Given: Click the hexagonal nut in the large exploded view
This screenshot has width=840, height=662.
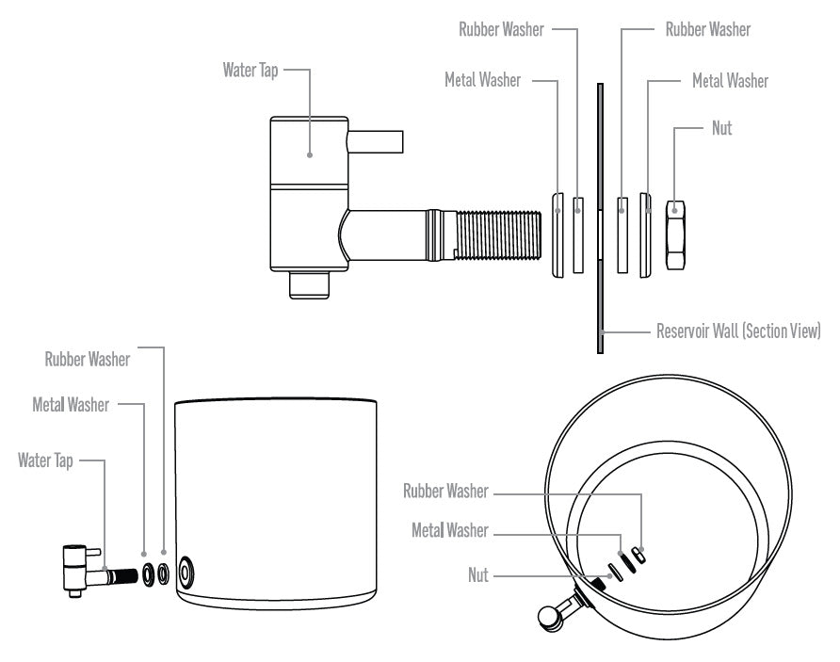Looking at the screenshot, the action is [x=675, y=234].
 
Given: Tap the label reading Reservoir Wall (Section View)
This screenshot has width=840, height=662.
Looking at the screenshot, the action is [x=738, y=331].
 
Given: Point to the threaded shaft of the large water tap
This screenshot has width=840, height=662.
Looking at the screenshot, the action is [x=497, y=234].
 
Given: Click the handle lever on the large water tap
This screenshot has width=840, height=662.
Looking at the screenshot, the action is [x=375, y=141].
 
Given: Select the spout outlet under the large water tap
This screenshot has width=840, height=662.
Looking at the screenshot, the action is [x=309, y=285].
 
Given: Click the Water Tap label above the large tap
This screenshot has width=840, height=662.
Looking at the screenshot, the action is [x=250, y=71].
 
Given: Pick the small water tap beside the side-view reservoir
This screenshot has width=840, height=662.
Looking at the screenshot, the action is [x=100, y=571].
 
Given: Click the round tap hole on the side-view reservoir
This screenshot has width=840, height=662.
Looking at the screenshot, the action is [x=186, y=572].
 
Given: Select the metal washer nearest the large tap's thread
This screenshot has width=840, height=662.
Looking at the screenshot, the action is [x=557, y=235].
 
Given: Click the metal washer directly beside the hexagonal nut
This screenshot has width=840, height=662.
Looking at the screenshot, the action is [x=645, y=235].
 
